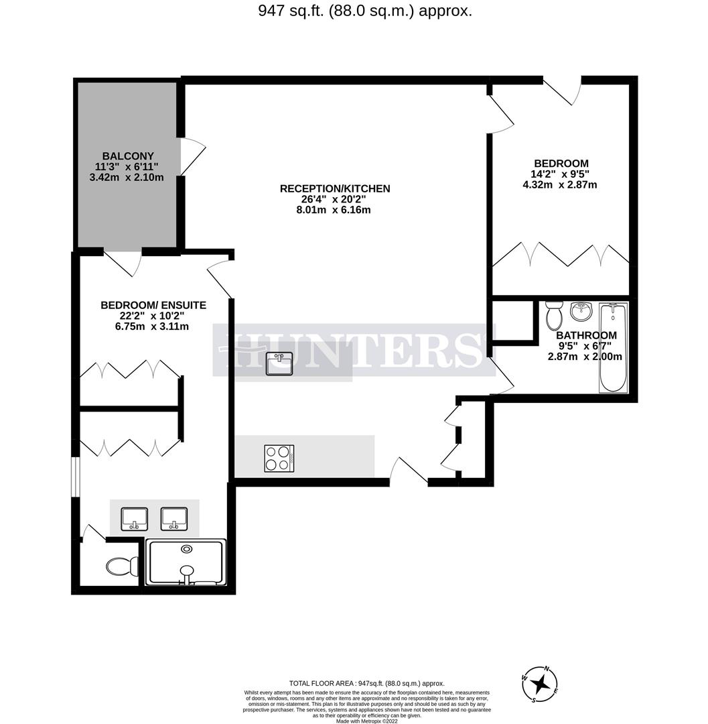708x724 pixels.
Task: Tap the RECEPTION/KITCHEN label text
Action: click(x=334, y=188)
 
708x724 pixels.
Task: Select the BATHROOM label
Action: click(x=586, y=335)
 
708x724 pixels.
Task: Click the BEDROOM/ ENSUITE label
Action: click(x=153, y=305)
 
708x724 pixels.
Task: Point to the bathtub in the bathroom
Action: click(x=612, y=348)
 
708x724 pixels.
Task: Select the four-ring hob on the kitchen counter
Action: click(x=279, y=459)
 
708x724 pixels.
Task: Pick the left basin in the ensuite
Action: click(x=134, y=518)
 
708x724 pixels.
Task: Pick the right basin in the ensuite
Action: click(x=174, y=518)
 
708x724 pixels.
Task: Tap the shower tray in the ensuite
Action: click(x=187, y=562)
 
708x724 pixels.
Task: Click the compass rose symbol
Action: click(x=542, y=684)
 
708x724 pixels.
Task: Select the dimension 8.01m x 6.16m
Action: click(x=334, y=210)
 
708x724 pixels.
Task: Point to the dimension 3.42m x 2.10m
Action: click(x=127, y=177)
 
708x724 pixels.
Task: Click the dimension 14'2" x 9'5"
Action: click(x=561, y=174)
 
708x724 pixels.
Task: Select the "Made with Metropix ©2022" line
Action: click(x=366, y=721)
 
